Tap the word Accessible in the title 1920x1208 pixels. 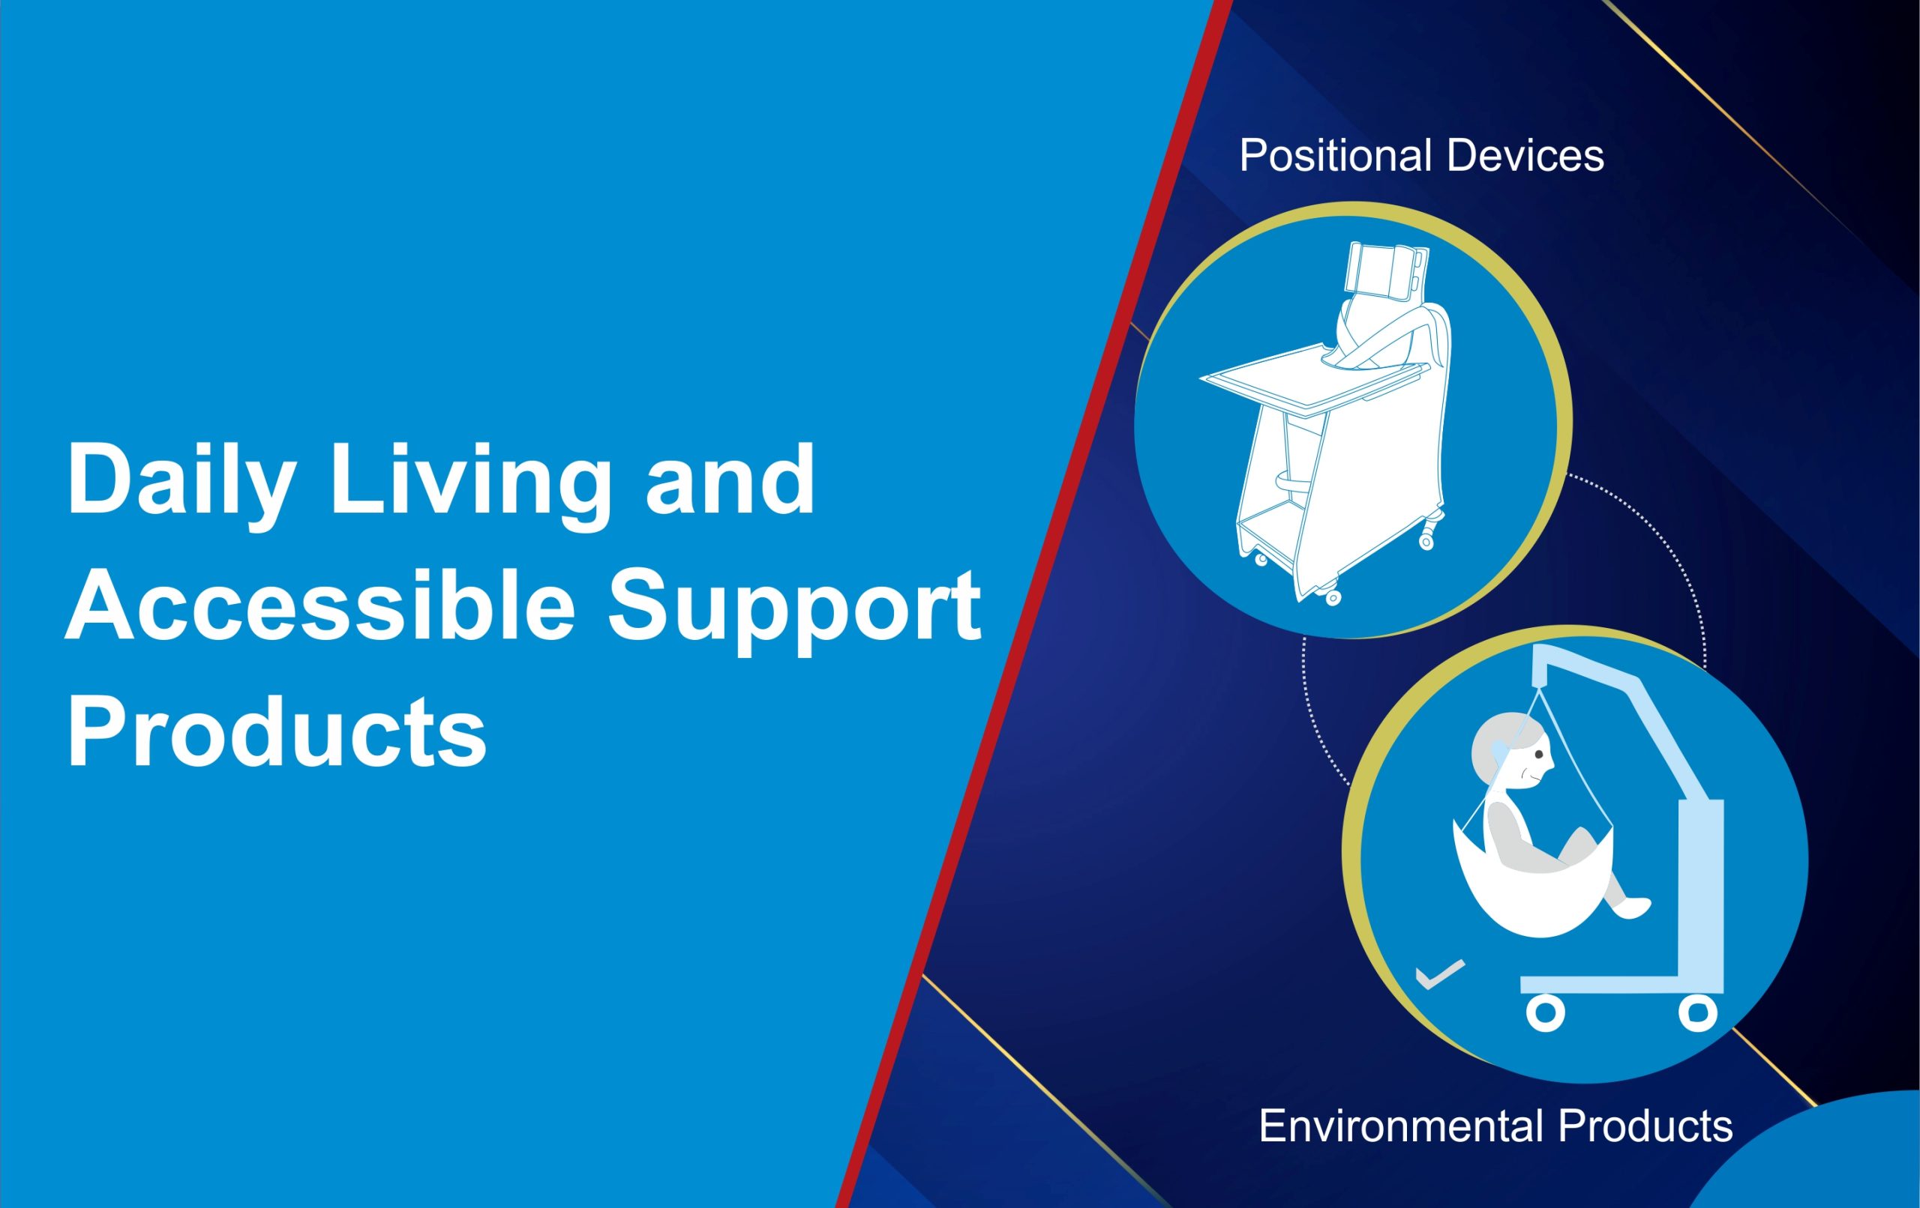pos(319,605)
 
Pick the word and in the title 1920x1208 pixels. pos(730,478)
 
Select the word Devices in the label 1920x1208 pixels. pos(1525,155)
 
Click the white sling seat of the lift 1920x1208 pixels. pos(1531,885)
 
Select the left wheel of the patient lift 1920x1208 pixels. pos(1545,1012)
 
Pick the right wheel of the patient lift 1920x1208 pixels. pos(1697,1012)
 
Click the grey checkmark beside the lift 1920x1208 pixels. pos(1440,973)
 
